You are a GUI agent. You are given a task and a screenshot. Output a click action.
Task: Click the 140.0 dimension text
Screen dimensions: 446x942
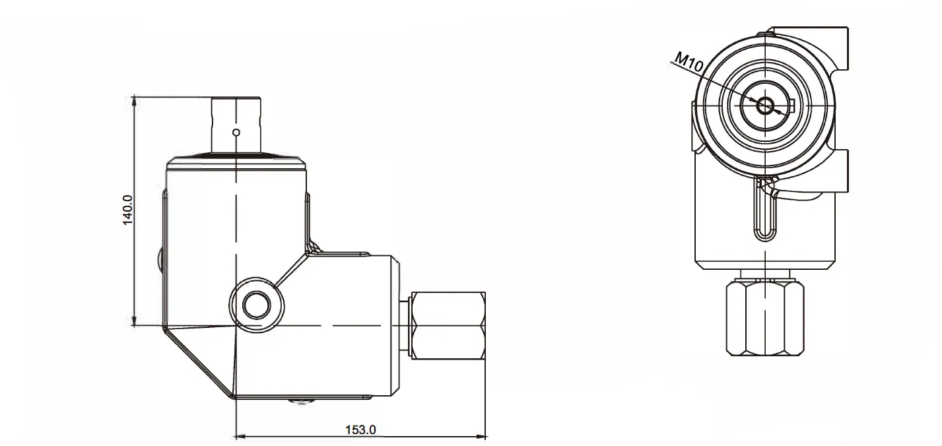click(x=128, y=210)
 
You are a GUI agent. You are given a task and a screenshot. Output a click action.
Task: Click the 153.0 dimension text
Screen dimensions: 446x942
click(x=360, y=430)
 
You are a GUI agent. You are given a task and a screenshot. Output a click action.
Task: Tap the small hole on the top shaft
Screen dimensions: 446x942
click(x=236, y=132)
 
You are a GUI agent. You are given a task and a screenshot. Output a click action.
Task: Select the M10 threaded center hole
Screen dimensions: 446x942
click(x=766, y=105)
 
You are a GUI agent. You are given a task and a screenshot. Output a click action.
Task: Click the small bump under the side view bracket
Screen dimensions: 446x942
click(x=301, y=400)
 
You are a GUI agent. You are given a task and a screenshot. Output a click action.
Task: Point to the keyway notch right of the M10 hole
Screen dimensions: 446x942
click(x=792, y=103)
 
